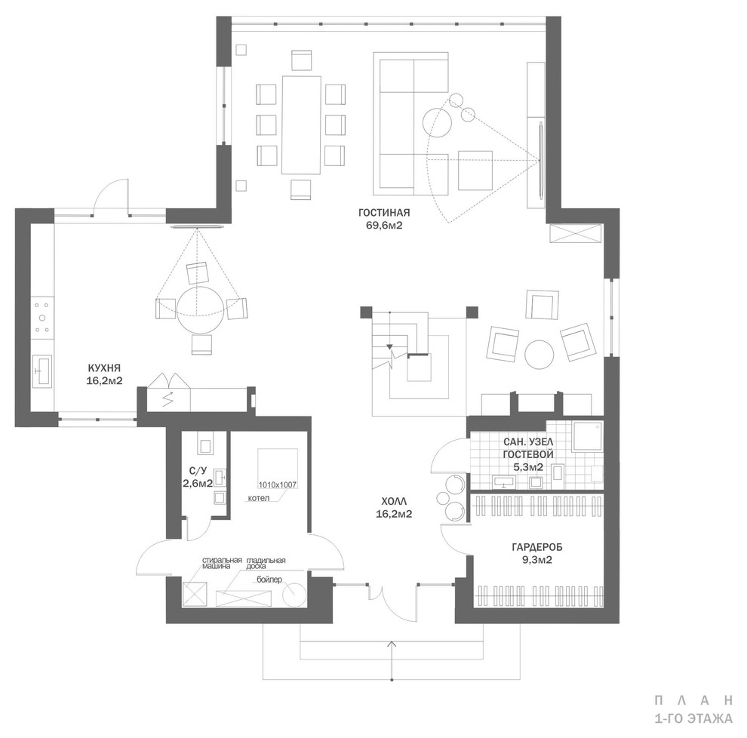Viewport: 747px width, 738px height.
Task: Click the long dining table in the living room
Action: pos(302,125)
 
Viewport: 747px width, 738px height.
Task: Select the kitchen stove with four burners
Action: pos(42,317)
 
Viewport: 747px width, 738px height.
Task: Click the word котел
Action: pos(259,498)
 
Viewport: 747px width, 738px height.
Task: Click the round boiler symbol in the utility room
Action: pos(295,596)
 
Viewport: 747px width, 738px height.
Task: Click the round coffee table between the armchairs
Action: pos(539,354)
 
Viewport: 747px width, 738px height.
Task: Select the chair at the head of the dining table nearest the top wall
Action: pos(302,60)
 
